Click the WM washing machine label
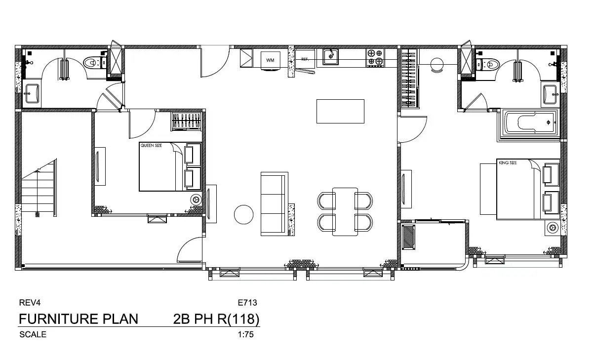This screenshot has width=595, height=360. [x=270, y=60]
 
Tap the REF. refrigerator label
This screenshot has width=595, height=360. [x=305, y=59]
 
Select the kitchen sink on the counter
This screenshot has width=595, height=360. [x=331, y=57]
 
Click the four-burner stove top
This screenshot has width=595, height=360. [x=375, y=58]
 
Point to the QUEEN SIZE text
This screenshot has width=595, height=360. [x=151, y=145]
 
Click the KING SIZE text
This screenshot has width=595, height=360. [x=508, y=162]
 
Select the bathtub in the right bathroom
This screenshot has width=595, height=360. [x=529, y=125]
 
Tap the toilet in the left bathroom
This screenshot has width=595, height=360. [x=95, y=63]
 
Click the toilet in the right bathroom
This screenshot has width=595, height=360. [x=488, y=64]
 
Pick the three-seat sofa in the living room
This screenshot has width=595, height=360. [x=275, y=204]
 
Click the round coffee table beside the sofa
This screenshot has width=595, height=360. [x=243, y=214]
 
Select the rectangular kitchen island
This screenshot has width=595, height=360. [x=340, y=111]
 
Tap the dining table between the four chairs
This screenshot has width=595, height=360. [x=345, y=212]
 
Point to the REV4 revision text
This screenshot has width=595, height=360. [x=30, y=303]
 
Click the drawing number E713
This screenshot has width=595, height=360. [x=247, y=303]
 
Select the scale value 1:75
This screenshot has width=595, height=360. [x=246, y=334]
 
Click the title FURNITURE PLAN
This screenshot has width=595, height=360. [x=79, y=319]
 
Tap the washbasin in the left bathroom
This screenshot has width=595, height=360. [x=32, y=93]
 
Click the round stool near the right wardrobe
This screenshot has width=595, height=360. [x=436, y=65]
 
